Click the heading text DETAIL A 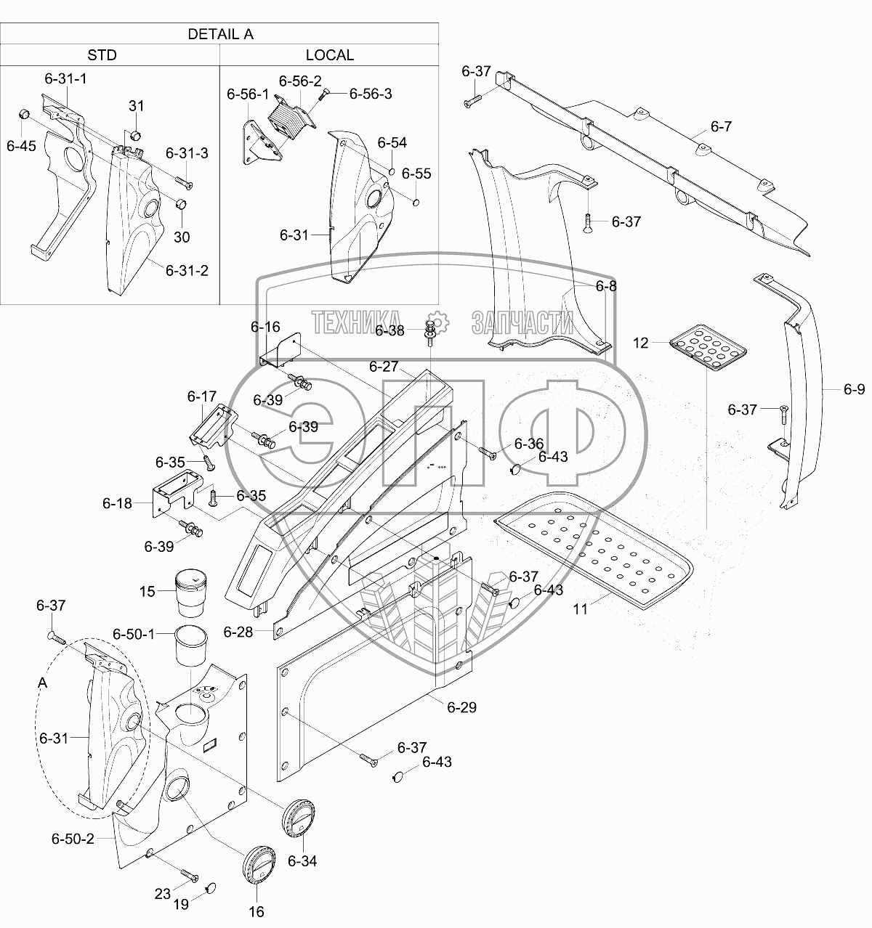pos(220,34)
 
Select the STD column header pos(102,55)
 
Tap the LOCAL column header pos(329,55)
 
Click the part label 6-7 pos(721,126)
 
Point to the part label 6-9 pos(854,390)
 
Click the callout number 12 pos(641,343)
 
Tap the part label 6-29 pos(461,707)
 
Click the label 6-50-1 pos(134,635)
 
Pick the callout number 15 pos(148,592)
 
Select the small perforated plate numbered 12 pos(707,346)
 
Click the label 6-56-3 pos(371,94)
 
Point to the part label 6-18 pos(117,502)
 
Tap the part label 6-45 pos(20,145)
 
